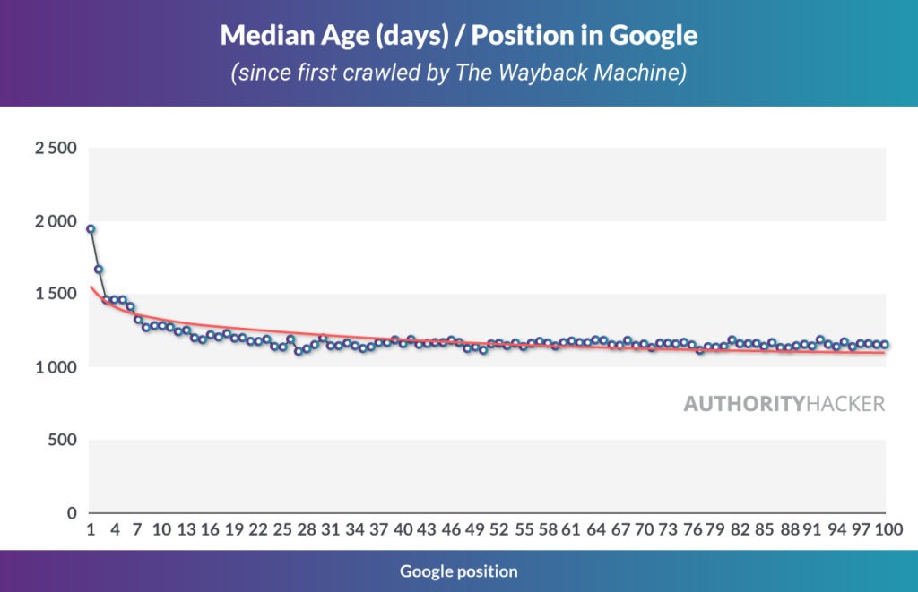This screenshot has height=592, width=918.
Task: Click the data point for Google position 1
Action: (91, 229)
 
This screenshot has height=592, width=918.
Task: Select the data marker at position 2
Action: (99, 270)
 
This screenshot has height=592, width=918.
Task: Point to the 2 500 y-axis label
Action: (56, 148)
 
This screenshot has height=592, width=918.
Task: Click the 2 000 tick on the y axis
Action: (56, 221)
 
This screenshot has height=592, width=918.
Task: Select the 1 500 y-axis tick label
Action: (56, 295)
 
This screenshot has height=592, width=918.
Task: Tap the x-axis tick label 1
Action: (91, 530)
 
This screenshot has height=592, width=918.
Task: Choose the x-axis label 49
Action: (475, 530)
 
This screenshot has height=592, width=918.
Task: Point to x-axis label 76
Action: (692, 530)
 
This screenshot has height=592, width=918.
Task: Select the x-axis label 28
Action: (307, 530)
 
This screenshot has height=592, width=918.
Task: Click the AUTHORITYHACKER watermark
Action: (784, 404)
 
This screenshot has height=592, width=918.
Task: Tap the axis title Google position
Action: (458, 571)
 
